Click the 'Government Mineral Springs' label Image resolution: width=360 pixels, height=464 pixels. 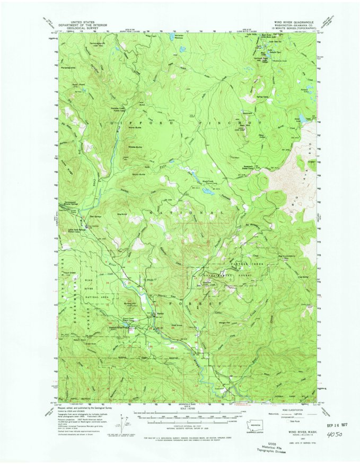click(70, 204)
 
